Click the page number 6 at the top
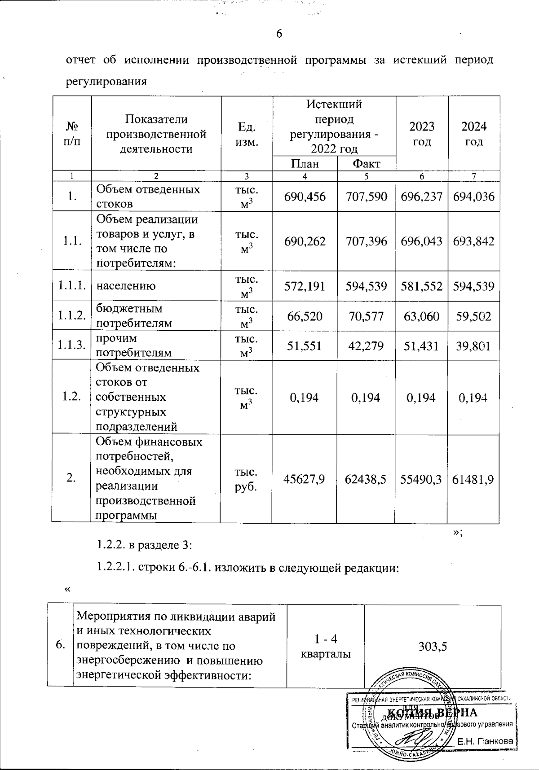pos(278,34)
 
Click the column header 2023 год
pos(422,134)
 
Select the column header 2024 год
pos(474,134)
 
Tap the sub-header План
pos(305,164)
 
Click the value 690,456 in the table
pos(305,196)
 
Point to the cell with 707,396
pos(366,241)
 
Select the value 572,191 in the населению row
pos(305,286)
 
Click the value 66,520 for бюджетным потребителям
pos(305,316)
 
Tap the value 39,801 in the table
pos(474,346)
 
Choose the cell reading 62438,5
pos(366,479)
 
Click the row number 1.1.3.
pos(71,346)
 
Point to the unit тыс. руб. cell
pos(246,479)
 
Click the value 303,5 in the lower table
pos(433,646)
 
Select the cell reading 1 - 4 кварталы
pos(326,646)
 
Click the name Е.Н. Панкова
pos(485,742)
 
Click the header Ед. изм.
pos(247,134)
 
